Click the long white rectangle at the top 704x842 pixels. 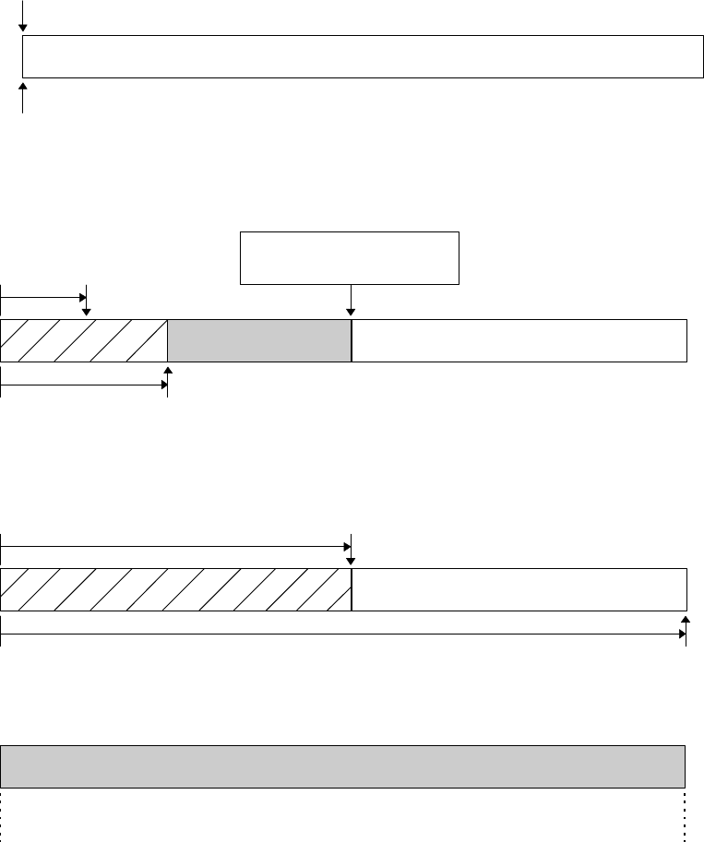(x=358, y=57)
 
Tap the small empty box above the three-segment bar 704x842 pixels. (x=349, y=258)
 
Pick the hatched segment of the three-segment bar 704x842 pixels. (x=84, y=340)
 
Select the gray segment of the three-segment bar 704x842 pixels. (x=259, y=340)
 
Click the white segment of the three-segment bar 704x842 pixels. (x=519, y=340)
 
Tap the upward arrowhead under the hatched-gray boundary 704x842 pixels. (x=167, y=371)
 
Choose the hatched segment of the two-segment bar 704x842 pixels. (x=175, y=590)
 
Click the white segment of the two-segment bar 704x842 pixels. (x=519, y=590)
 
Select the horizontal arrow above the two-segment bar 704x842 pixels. (x=175, y=547)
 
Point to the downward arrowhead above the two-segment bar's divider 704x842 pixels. (x=351, y=563)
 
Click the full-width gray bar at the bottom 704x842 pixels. (x=342, y=766)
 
